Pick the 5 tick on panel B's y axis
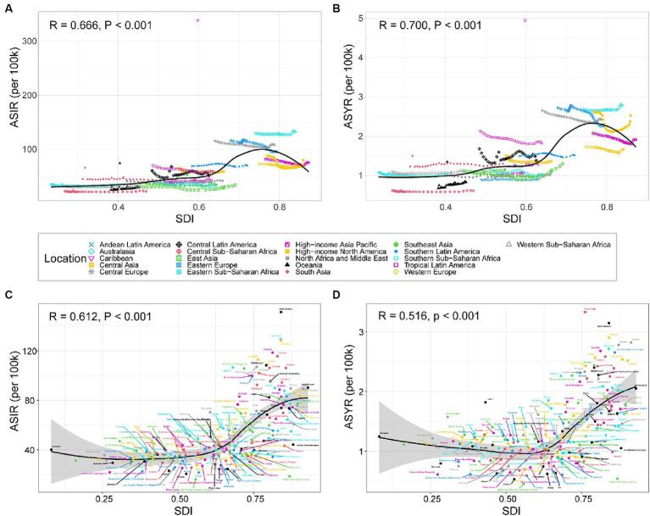(x=360, y=18)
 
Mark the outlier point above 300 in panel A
(x=198, y=19)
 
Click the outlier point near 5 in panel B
(x=525, y=19)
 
